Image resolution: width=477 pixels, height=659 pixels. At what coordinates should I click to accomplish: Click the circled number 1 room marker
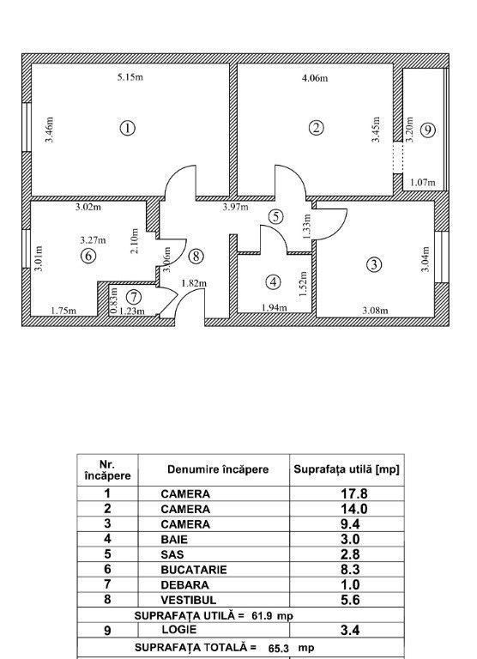[127, 129]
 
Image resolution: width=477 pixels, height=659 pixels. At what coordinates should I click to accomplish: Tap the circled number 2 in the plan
[317, 128]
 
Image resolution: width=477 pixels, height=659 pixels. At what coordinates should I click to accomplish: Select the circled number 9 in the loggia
[428, 130]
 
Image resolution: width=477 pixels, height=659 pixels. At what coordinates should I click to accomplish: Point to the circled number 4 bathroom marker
[273, 281]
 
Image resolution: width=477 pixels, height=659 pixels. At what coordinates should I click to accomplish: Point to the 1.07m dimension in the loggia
[422, 182]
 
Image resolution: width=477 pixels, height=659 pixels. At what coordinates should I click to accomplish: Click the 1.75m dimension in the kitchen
[63, 311]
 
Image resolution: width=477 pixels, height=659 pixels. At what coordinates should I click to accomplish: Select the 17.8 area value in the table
[346, 493]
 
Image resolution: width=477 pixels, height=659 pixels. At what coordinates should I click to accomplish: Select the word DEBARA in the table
[182, 583]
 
